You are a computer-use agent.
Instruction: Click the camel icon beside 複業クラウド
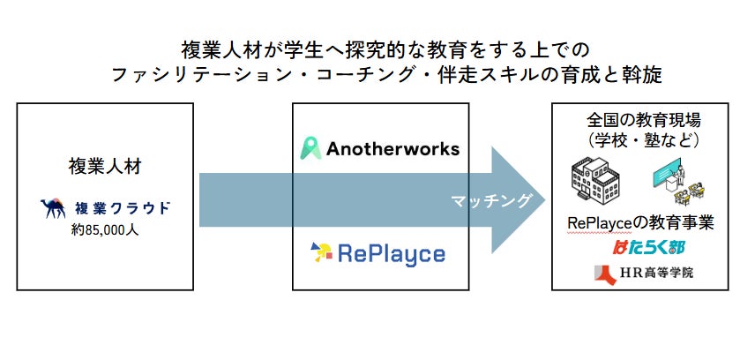point(53,208)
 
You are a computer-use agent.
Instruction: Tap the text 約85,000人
point(105,230)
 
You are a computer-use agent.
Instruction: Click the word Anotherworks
point(393,148)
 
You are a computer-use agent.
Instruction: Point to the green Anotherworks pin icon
point(311,147)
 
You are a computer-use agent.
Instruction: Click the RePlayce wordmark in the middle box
point(392,254)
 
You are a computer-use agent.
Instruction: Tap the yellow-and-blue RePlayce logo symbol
point(321,253)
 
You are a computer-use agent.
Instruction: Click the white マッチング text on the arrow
point(491,201)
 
